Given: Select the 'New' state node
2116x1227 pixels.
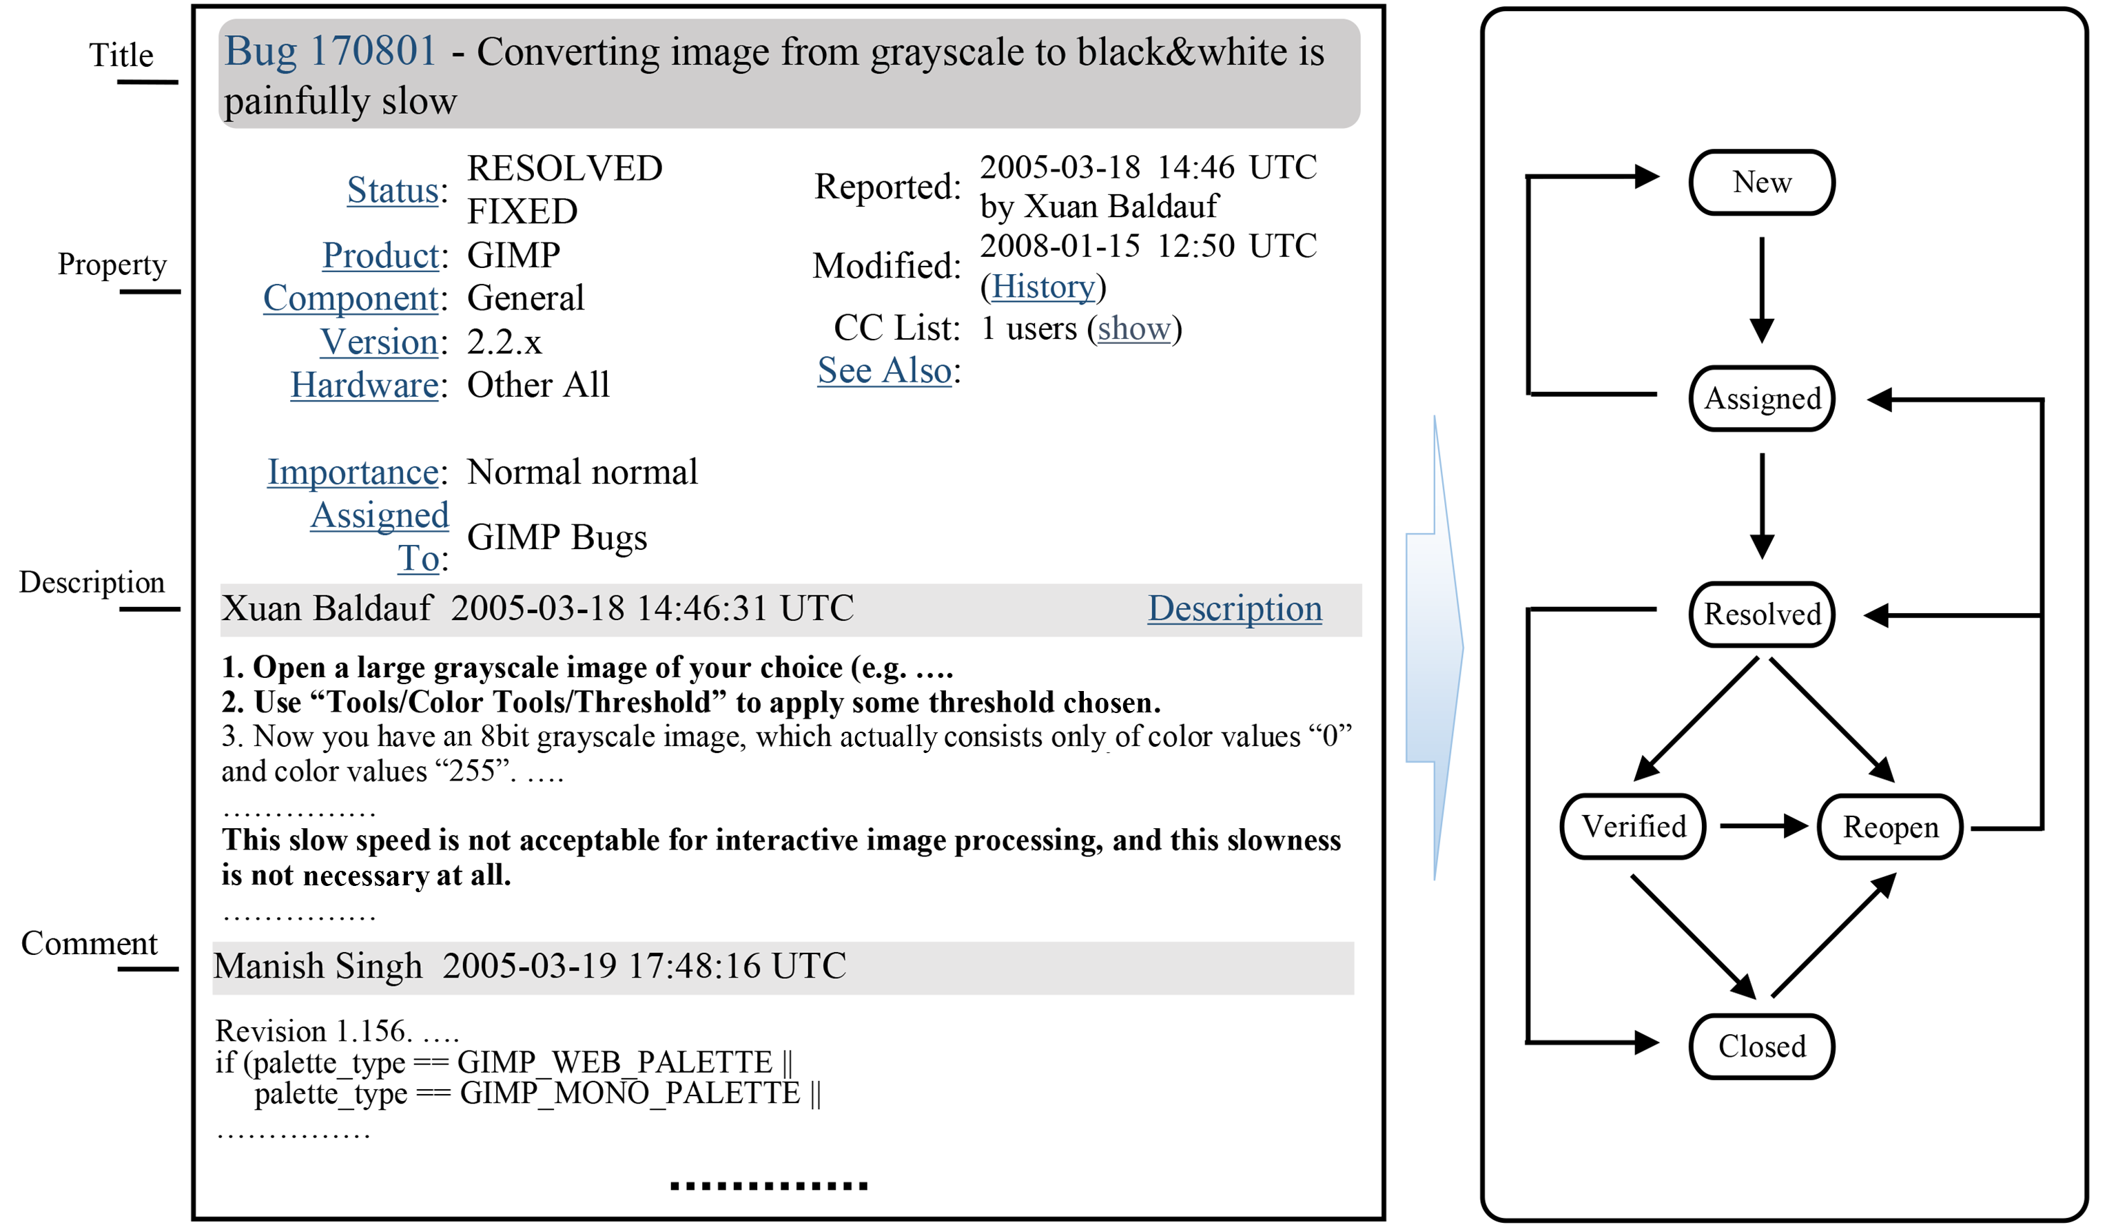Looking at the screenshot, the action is (1762, 183).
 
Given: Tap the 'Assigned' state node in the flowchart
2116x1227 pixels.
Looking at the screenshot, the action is (1762, 399).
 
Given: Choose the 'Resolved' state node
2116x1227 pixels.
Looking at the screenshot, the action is (1762, 615).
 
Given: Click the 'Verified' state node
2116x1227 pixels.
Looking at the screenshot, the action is (1633, 827).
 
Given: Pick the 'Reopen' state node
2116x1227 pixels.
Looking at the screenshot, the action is (1889, 827).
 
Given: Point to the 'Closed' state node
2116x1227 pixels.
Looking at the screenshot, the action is (1762, 1046).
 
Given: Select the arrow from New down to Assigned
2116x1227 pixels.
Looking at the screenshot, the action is (1762, 290).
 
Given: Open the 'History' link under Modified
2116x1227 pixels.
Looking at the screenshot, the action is (1043, 287).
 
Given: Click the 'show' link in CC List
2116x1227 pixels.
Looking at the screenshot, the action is (1133, 329).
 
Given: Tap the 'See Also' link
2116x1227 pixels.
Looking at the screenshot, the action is (884, 371).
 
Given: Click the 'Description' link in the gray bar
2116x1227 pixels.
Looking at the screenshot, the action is (1234, 609).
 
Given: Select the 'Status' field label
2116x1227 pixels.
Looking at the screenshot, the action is (392, 191).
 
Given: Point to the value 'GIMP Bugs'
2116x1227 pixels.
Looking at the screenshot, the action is (557, 537).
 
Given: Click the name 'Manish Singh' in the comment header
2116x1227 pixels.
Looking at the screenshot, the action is (318, 967).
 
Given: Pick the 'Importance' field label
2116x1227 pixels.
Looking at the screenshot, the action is (353, 472).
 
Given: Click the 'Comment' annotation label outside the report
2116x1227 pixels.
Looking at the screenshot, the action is (89, 944).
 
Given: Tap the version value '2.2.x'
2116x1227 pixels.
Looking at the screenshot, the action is (504, 342).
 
